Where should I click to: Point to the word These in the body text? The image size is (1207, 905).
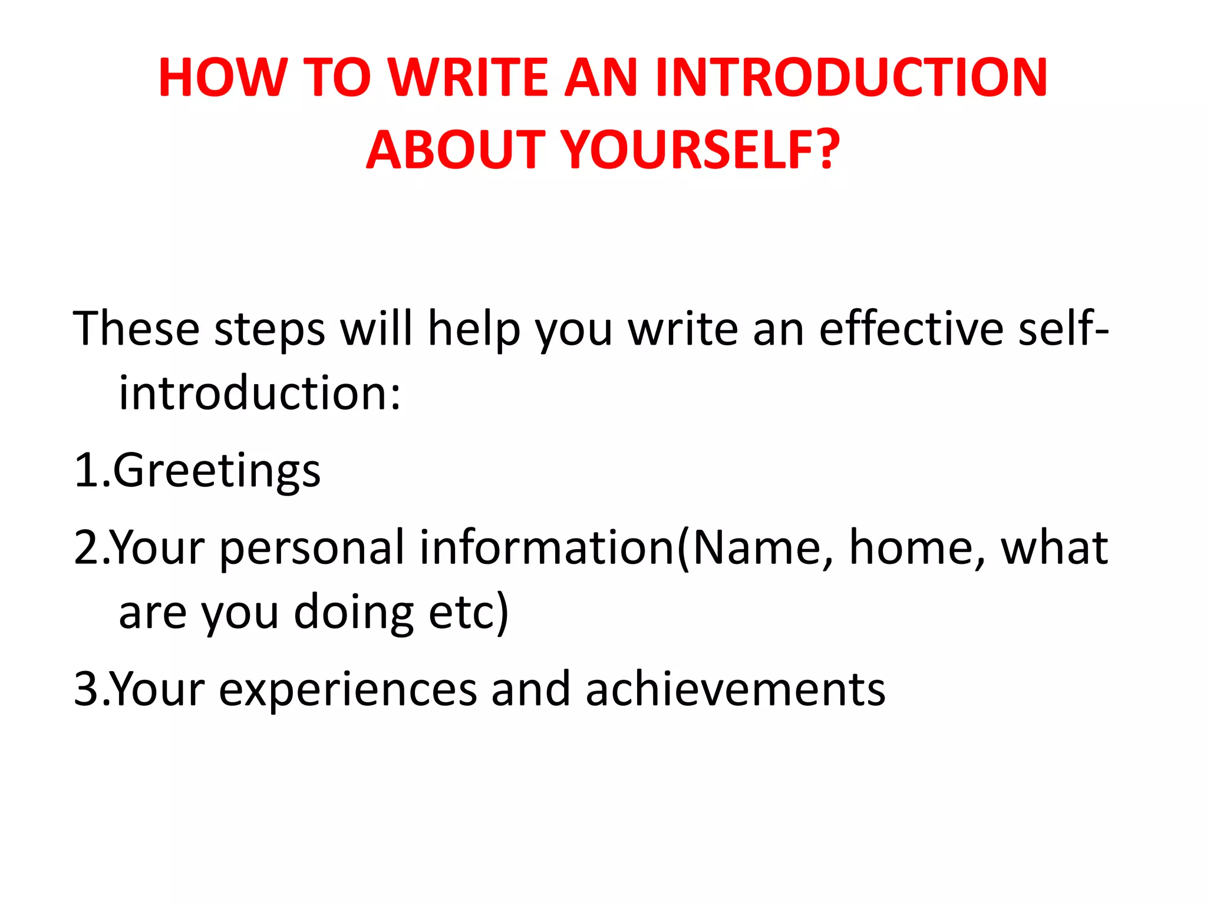click(136, 328)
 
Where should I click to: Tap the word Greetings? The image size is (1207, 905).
click(216, 471)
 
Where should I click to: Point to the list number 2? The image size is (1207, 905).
click(87, 547)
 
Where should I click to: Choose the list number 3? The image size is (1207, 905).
click(87, 689)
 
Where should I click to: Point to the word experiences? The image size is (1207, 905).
click(348, 690)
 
